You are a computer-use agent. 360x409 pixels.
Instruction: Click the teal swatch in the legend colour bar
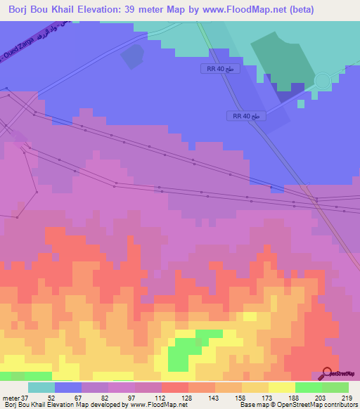click(41, 387)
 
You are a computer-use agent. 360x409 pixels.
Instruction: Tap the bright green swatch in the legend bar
click(309, 387)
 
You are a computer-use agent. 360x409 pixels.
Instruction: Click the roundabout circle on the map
click(322, 81)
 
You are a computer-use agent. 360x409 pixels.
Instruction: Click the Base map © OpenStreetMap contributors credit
click(297, 405)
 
